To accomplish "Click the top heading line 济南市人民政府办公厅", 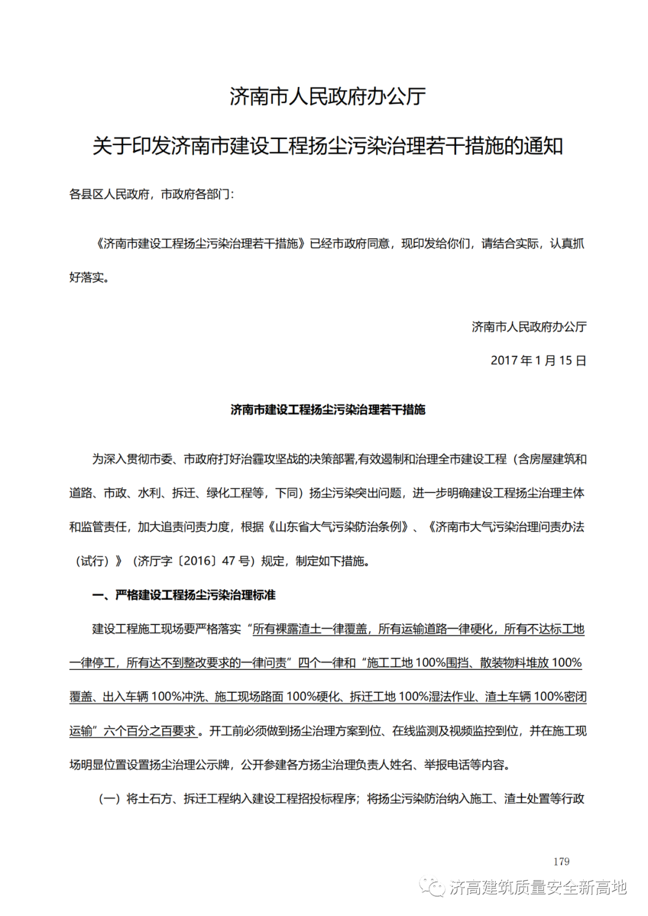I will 328,97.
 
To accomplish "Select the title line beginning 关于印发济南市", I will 328,146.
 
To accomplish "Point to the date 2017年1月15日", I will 538,361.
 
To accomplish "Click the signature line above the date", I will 529,327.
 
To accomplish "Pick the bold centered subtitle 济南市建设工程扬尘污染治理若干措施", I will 328,410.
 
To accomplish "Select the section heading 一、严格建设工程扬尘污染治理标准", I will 184,595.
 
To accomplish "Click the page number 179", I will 561,861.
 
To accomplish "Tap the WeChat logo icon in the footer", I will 432,887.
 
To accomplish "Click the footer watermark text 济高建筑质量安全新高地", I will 538,887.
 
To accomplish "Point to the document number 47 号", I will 236,561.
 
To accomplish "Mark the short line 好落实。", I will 89,278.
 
